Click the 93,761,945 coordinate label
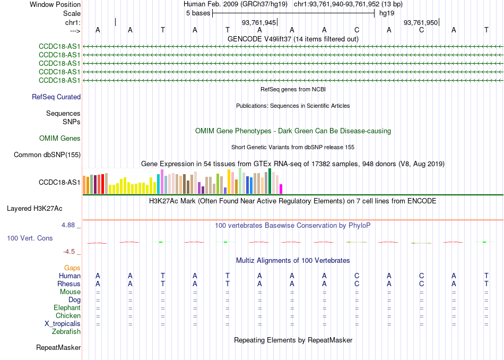(x=259, y=22)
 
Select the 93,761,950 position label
(x=420, y=22)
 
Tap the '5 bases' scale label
(x=198, y=13)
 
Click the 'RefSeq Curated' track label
(x=56, y=97)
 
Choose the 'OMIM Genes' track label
(x=60, y=139)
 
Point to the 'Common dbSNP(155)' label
(x=47, y=155)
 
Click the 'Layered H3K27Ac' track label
(x=34, y=209)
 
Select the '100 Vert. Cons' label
(x=30, y=238)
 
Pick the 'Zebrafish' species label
(x=66, y=331)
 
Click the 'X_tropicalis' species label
(x=63, y=324)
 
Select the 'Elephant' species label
(x=67, y=307)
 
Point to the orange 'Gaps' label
(x=72, y=268)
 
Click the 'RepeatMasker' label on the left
(x=58, y=347)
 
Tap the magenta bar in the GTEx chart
(x=281, y=189)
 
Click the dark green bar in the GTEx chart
(x=270, y=181)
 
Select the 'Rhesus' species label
(x=69, y=284)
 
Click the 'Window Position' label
(x=55, y=4)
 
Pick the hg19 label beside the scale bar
(x=387, y=13)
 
